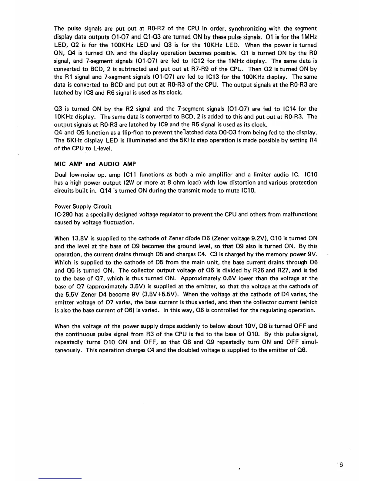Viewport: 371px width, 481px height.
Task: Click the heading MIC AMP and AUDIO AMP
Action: point(95,164)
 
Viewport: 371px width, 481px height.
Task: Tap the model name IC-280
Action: point(63,214)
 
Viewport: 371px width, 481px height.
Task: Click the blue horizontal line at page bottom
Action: point(60,478)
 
